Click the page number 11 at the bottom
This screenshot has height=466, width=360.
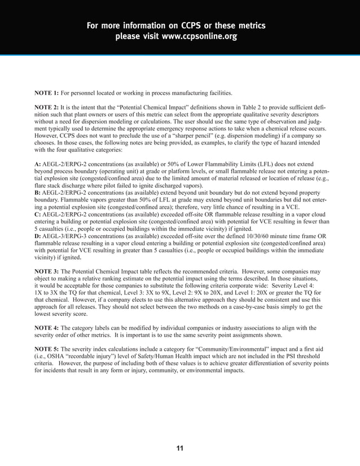click(x=180, y=448)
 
